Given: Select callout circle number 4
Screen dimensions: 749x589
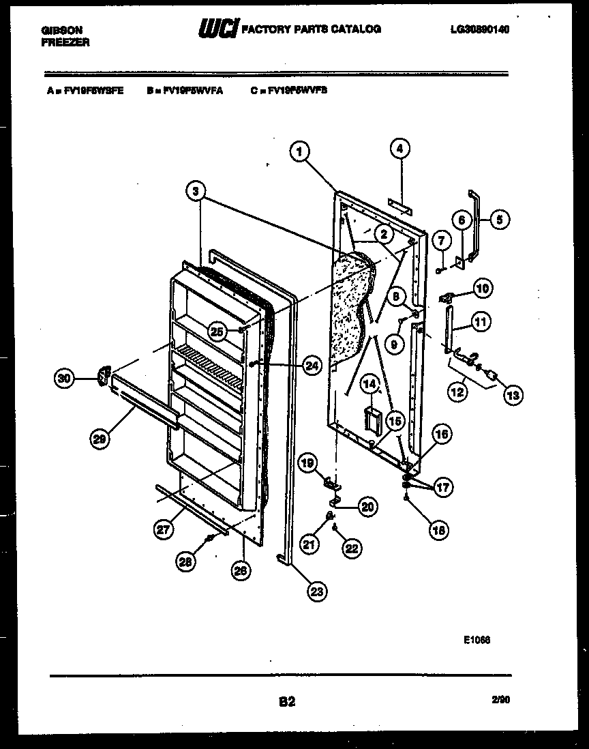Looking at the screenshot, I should (x=400, y=148).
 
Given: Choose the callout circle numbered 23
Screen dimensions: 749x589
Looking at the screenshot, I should (x=316, y=591).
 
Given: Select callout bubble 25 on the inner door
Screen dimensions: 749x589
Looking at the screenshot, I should (x=217, y=332).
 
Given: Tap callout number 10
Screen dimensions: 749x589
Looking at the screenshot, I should (x=483, y=288).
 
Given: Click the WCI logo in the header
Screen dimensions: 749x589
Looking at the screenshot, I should (x=217, y=29).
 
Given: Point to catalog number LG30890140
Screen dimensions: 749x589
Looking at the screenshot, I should (x=480, y=29).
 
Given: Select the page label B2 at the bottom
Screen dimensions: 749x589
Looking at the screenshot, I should (x=286, y=700).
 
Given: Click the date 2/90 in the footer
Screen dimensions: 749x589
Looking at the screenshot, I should (x=499, y=699).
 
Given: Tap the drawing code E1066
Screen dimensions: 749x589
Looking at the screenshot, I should (x=477, y=640).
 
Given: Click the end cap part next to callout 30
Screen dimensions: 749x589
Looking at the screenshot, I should (x=104, y=376).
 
